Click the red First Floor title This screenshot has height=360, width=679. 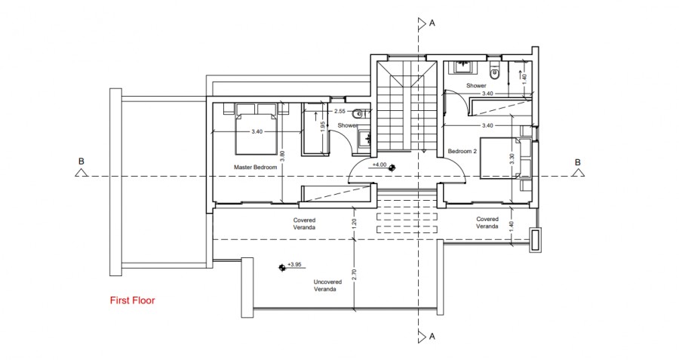132,300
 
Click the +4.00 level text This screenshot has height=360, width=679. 379,165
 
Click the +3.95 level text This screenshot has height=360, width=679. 295,265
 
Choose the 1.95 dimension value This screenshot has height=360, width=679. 322,127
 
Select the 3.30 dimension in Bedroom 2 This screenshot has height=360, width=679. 512,159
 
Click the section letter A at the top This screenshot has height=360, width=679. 432,23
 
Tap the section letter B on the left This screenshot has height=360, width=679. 81,161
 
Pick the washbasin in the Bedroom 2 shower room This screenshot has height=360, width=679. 460,67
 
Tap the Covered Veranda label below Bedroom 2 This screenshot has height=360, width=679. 487,223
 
